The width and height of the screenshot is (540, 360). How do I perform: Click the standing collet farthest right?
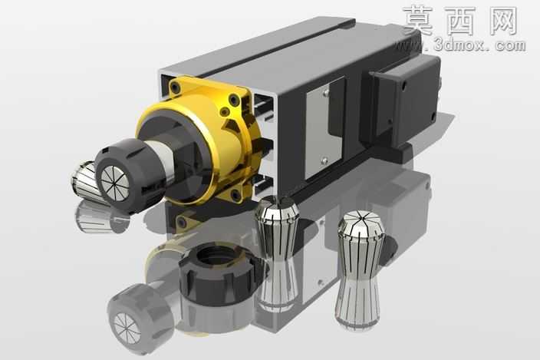[360, 269]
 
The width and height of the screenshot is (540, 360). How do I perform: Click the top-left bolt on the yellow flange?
[176, 89]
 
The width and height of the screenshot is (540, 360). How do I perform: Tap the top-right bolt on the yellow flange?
[234, 101]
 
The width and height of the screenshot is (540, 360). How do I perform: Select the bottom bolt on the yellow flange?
[236, 195]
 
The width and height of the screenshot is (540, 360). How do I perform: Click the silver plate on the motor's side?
[324, 129]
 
